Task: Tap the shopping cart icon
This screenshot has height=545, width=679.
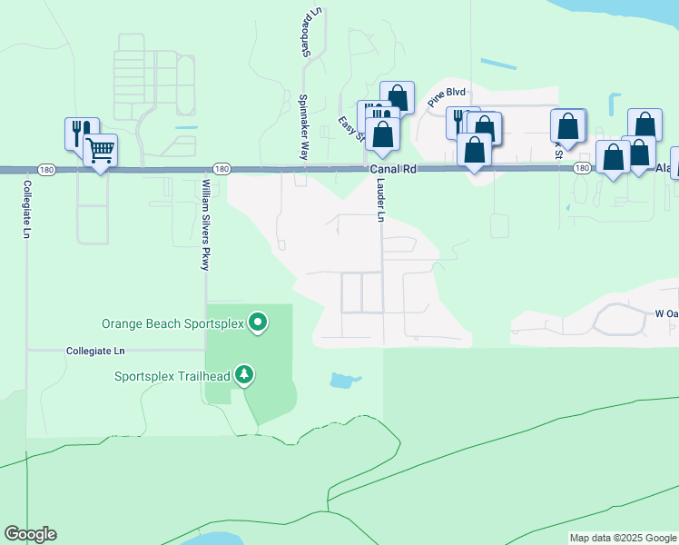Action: point(100,149)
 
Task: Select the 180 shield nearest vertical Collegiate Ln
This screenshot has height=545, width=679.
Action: point(44,169)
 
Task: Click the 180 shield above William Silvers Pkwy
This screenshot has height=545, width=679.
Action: point(221,169)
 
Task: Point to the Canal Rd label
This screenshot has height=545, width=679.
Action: point(391,170)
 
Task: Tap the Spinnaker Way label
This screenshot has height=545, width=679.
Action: point(303,127)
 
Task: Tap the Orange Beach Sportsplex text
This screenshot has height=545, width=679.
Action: point(172,323)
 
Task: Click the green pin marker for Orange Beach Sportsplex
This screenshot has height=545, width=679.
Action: point(259,322)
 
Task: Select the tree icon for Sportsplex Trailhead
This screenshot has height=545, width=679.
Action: point(243,375)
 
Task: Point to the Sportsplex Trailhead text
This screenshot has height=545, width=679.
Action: point(172,376)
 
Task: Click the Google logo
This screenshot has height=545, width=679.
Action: point(30,534)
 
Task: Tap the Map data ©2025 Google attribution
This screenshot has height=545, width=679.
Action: point(623,538)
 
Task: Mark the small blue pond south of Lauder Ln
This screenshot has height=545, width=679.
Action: point(342,380)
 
